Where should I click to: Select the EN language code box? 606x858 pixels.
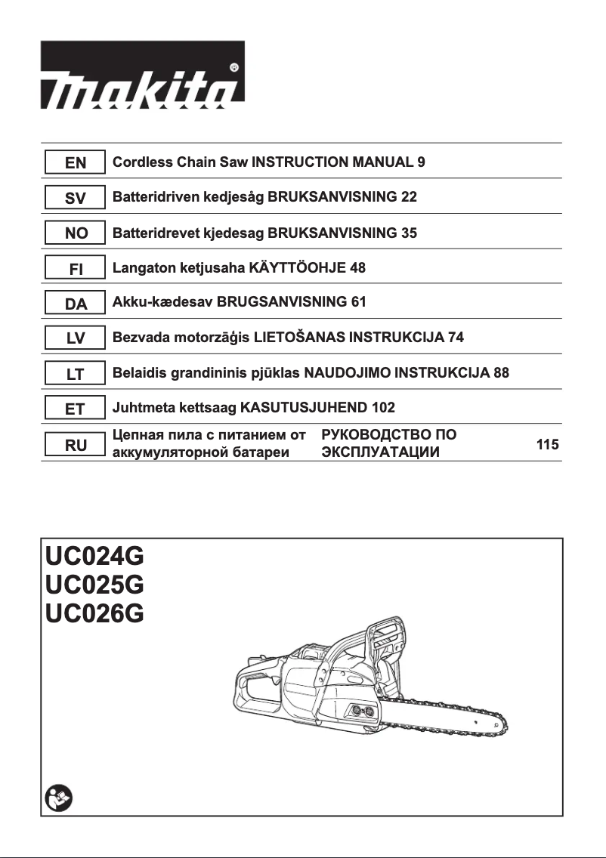[76, 162]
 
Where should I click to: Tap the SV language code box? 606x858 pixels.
[76, 198]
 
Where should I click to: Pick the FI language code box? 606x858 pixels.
[76, 268]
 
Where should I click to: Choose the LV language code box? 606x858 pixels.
[76, 338]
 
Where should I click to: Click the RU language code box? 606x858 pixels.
[76, 445]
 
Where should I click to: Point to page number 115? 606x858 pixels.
[547, 445]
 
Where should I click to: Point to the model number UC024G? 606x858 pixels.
[94, 558]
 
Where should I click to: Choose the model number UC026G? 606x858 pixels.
[94, 613]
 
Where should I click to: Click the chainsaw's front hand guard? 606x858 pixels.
[385, 642]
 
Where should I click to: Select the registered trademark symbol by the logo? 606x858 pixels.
[234, 67]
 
